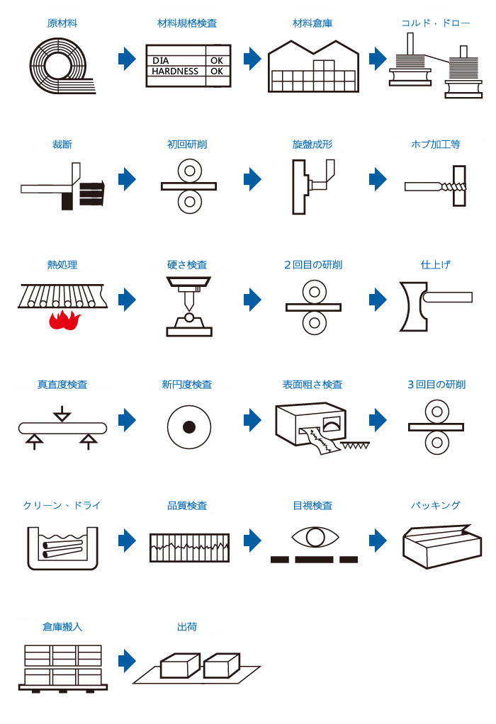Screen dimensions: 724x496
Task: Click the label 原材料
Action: click(62, 23)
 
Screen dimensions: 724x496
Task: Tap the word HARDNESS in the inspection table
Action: click(175, 72)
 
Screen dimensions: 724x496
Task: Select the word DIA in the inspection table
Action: click(161, 61)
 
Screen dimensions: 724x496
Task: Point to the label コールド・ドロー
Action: click(436, 23)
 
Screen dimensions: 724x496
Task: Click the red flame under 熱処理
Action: click(64, 321)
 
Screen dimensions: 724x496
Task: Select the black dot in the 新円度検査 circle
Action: click(189, 428)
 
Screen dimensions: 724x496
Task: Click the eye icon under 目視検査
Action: click(312, 537)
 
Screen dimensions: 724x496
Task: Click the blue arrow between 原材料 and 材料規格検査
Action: click(127, 59)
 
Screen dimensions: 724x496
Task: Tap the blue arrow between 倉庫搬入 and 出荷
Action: click(127, 661)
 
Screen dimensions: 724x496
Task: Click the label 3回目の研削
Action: click(436, 385)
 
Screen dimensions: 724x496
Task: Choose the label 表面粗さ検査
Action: click(312, 385)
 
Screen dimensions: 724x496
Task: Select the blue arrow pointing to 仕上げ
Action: click(378, 300)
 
